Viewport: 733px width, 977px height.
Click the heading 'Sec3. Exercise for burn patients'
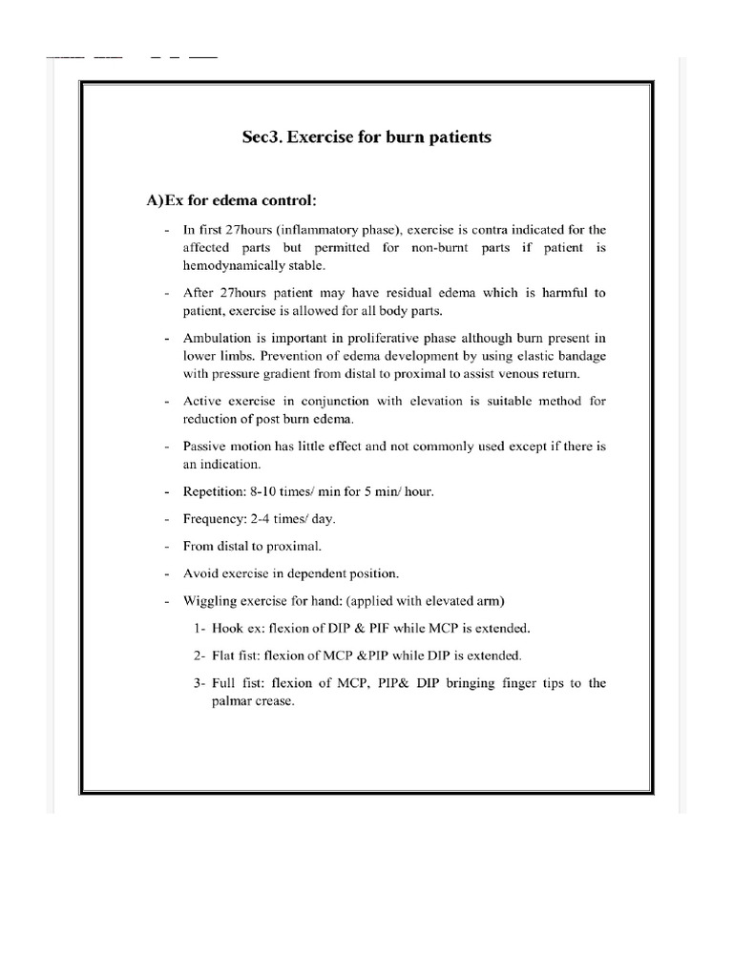[366, 137]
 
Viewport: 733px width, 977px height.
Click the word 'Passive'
[204, 447]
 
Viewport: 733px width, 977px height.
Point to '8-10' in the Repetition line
[270, 492]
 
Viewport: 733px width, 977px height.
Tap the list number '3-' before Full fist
[200, 683]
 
